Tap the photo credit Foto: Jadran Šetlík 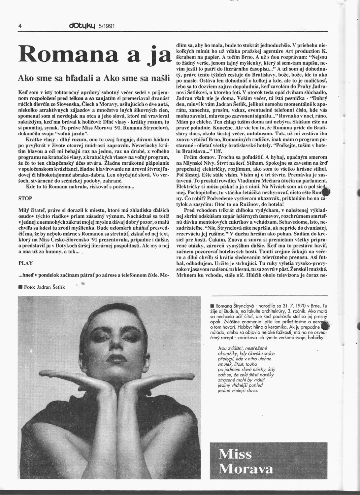point(44,287)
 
